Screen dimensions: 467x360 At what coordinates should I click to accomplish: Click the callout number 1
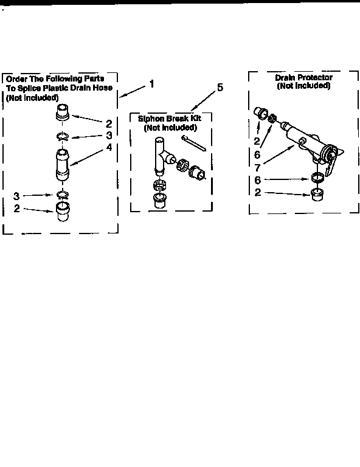tap(151, 84)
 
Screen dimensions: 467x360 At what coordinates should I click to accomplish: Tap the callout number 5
tap(220, 88)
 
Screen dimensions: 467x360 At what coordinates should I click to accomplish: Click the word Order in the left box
tap(16, 78)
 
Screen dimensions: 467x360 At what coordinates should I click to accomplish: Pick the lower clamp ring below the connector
tap(63, 194)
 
